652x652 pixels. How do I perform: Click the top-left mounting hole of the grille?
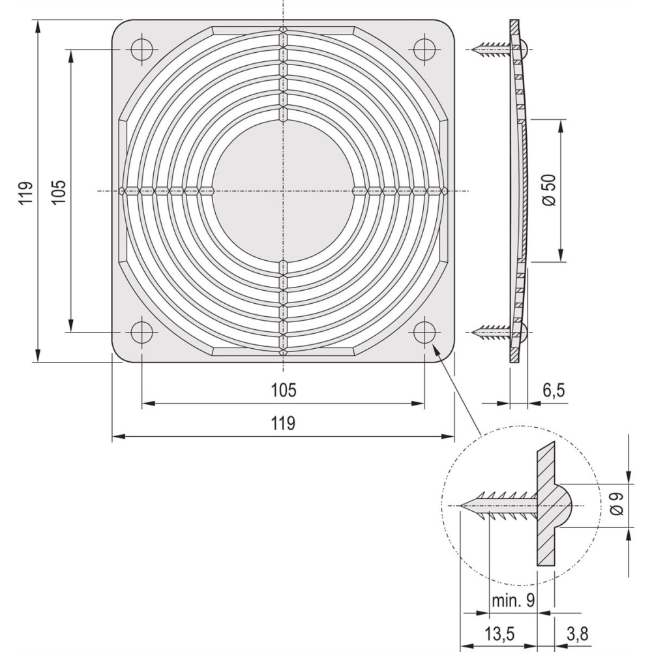[x=141, y=50]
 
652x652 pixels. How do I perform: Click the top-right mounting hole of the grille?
[x=424, y=50]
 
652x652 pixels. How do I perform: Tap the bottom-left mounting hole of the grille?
[x=141, y=332]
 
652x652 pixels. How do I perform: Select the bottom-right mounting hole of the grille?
[x=424, y=332]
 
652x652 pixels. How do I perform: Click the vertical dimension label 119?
[x=25, y=193]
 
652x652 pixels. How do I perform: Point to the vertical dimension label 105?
[x=59, y=193]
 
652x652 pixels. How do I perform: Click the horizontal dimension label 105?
[x=283, y=390]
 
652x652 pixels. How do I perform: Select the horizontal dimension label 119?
[x=283, y=423]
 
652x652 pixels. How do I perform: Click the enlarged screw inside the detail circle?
[x=499, y=505]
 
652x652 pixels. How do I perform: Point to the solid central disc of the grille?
[x=283, y=191]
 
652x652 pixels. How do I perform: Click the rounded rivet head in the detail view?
[x=564, y=505]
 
